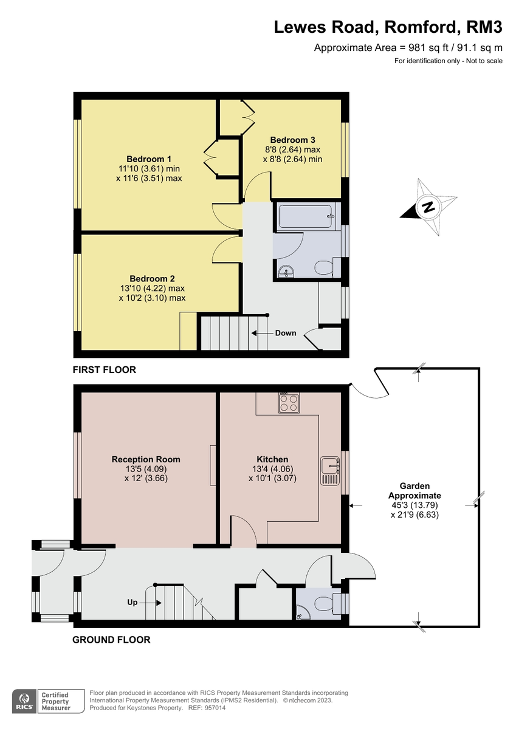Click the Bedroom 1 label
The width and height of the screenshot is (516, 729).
coord(149,159)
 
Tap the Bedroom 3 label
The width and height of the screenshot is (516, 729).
coord(293,140)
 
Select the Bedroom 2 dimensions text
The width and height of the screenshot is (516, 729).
coord(152,293)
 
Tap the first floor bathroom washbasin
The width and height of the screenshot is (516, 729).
coord(284,271)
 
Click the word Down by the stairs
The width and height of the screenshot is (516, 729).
coord(286,333)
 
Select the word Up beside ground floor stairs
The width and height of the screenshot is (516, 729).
coord(132,603)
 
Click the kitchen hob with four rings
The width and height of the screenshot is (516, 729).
coord(289,403)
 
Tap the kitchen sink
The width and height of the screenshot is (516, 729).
coord(330,470)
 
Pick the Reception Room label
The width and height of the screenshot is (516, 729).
coord(146,459)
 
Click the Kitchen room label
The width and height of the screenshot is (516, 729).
coord(272,459)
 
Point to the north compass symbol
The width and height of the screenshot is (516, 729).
coord(429,207)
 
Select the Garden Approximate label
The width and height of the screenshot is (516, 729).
coord(415,490)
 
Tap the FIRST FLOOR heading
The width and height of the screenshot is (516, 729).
coord(104,369)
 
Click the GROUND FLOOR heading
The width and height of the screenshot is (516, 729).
coord(111,639)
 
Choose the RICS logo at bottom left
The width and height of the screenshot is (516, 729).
coord(25,700)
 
